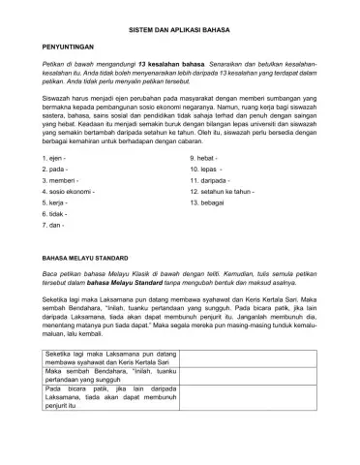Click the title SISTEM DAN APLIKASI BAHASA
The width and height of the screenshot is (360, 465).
click(x=179, y=32)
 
